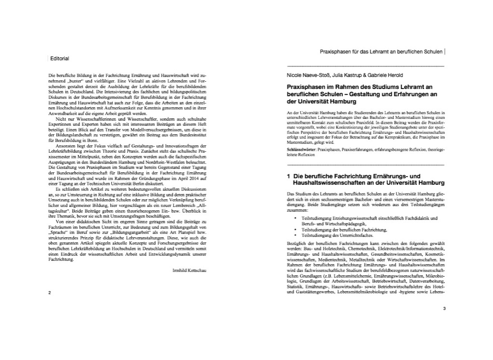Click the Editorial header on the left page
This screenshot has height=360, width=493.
60,59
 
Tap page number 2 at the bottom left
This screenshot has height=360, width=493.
50,292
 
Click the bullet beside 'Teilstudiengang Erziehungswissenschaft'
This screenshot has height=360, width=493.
295,218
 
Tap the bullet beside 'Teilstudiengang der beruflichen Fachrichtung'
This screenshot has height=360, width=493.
295,230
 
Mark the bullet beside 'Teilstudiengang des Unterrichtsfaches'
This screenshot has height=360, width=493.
295,236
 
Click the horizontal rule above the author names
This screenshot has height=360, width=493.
365,65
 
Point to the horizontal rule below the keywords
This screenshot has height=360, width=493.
365,165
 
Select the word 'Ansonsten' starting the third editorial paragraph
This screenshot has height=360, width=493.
66,146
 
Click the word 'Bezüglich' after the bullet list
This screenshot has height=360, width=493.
296,244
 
